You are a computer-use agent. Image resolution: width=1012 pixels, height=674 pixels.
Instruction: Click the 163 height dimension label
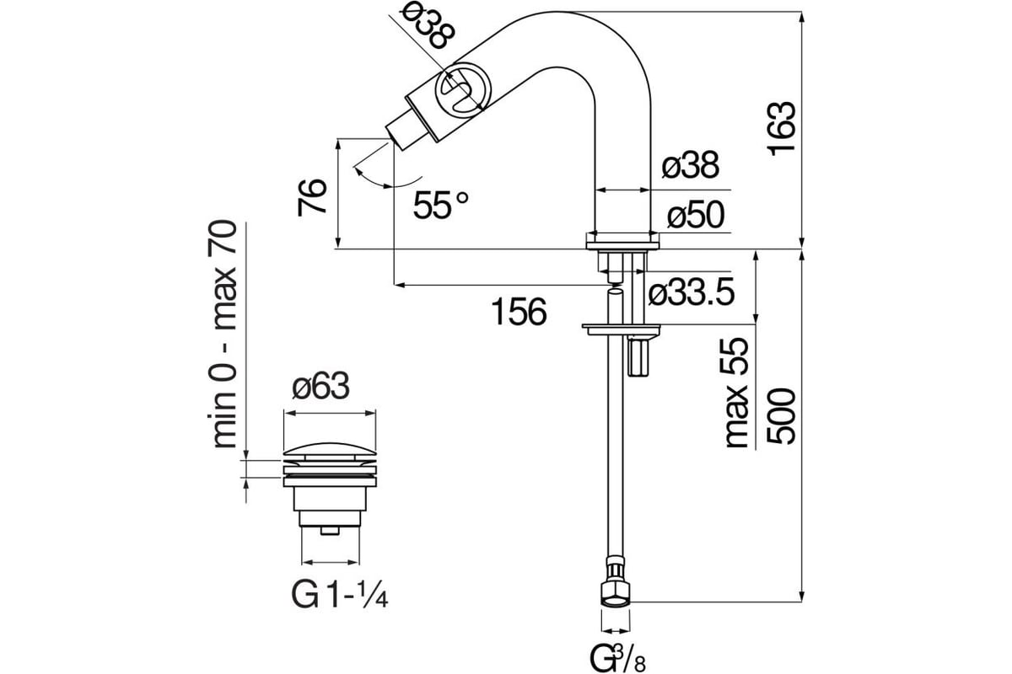pos(782,129)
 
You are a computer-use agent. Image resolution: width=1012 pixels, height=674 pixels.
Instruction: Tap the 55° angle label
pos(440,205)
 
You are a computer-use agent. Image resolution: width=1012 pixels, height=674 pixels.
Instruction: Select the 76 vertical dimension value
pos(312,197)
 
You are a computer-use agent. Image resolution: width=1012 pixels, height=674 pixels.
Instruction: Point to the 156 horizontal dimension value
pos(519,312)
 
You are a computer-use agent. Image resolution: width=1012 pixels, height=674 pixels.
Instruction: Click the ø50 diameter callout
pos(697,215)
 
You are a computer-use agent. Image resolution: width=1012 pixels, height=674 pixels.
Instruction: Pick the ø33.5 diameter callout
pos(692,292)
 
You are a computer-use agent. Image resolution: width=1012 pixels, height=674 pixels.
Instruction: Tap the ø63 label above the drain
pos(320,386)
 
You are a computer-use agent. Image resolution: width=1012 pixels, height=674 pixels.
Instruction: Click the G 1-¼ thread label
pos(340,595)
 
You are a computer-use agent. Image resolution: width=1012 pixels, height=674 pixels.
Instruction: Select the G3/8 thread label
pos(618,658)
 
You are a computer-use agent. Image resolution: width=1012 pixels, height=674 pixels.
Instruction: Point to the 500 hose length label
pos(781,416)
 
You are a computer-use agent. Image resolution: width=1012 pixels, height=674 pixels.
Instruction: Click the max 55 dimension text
pos(737,393)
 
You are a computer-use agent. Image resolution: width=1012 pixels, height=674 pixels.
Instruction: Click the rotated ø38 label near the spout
pos(428,28)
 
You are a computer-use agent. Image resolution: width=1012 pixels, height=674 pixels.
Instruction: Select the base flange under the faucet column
pos(622,241)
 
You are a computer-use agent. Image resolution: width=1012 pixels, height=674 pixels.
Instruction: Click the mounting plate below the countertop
pos(622,329)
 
